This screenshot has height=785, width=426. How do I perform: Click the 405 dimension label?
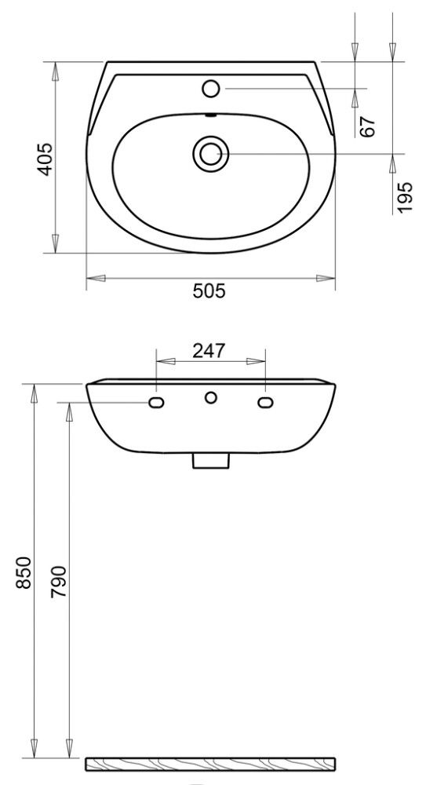click(x=46, y=159)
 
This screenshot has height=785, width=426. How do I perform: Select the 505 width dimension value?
click(x=209, y=291)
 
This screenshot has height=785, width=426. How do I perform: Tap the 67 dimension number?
click(x=369, y=126)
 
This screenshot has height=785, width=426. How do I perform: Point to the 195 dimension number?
click(x=405, y=197)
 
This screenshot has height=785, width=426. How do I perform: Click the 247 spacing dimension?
click(x=209, y=350)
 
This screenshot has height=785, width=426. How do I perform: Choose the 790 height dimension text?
click(x=60, y=582)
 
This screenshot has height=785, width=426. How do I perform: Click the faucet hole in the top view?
click(x=210, y=88)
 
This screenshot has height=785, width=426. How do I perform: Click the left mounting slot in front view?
click(x=157, y=403)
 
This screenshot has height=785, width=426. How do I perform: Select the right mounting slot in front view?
click(x=264, y=403)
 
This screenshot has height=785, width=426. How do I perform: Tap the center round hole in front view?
click(x=210, y=398)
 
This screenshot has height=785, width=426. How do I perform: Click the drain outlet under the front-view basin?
click(x=210, y=461)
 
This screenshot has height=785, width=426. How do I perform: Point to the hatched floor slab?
click(x=210, y=762)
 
